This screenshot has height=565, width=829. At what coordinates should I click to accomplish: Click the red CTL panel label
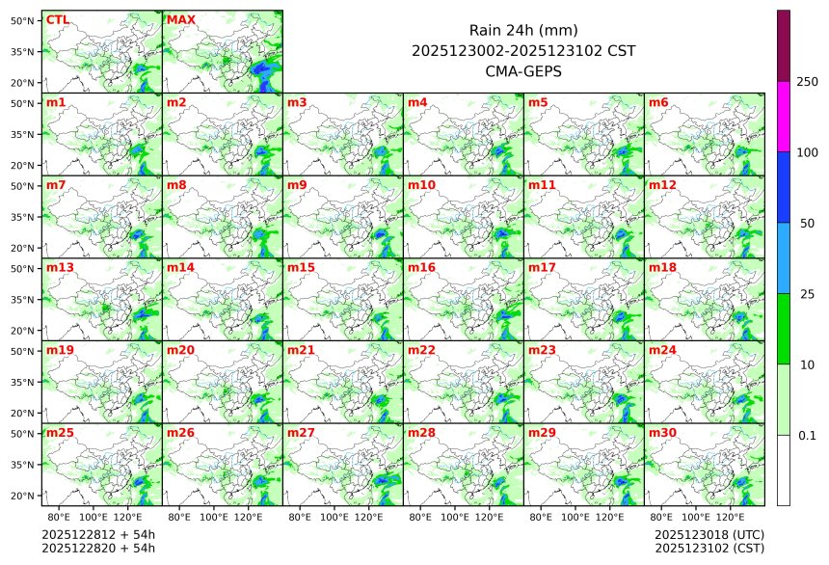coord(57,19)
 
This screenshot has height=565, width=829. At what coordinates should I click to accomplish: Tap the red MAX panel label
coord(179,19)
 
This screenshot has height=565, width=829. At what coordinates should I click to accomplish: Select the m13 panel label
coord(58,267)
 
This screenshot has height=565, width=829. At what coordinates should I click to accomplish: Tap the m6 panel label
coord(657,102)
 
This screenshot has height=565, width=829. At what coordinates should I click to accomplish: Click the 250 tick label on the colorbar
coord(807,82)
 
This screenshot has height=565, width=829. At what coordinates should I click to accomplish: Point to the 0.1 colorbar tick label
coord(807,436)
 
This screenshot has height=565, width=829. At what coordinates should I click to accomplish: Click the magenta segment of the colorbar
coord(783,116)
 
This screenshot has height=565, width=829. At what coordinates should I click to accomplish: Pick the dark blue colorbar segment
coord(783,187)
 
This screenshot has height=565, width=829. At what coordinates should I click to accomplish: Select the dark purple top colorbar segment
coord(783,45)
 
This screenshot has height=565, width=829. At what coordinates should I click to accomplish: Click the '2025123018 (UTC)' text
coord(709,534)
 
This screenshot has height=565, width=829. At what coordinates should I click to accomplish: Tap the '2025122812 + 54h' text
coord(98,534)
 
